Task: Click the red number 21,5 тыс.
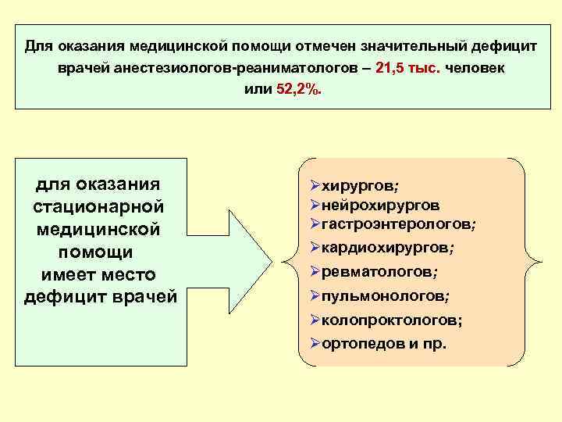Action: tap(407, 68)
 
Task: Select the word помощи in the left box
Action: tap(99, 252)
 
